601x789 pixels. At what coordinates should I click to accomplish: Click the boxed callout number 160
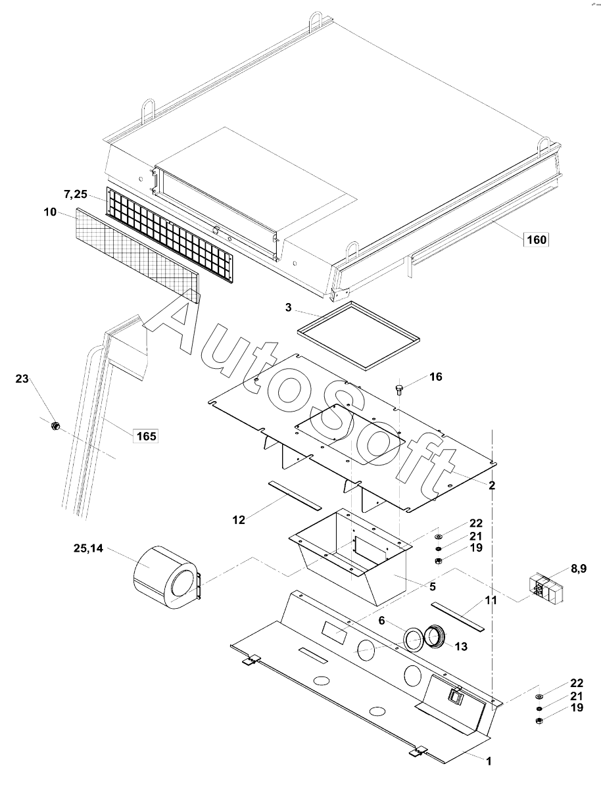(537, 239)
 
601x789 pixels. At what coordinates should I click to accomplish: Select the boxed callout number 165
(146, 435)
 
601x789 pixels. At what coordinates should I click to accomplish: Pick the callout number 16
(436, 377)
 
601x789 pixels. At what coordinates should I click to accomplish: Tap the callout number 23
(22, 379)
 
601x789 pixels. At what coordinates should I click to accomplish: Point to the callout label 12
(239, 519)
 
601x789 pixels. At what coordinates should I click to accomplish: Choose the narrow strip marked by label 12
(295, 494)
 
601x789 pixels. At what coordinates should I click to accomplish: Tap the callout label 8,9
(579, 569)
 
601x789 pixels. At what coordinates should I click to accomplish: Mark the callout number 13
(460, 647)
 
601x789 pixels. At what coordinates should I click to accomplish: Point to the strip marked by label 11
(456, 614)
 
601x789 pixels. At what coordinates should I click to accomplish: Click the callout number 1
(489, 761)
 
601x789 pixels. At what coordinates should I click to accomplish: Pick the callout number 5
(432, 586)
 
